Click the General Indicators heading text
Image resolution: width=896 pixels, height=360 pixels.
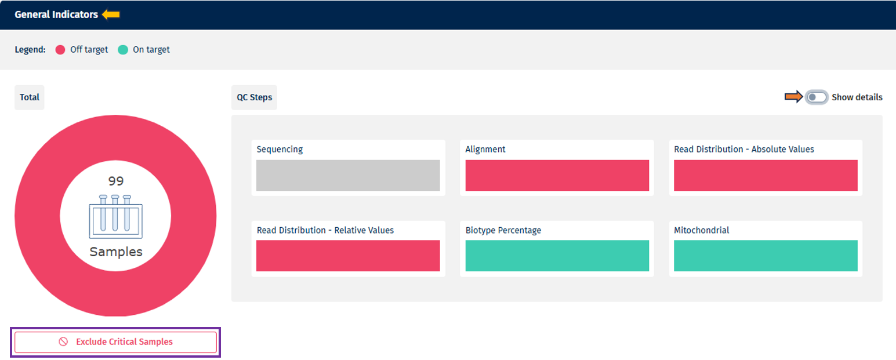[56, 14]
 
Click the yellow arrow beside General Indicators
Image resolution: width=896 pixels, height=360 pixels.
[111, 14]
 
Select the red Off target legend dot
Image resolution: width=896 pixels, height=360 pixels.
[60, 50]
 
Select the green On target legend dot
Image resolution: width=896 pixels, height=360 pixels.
[122, 50]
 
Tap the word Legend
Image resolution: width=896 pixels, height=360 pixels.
[30, 50]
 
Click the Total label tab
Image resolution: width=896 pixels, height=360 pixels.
[30, 97]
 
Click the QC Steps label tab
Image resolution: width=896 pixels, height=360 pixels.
[254, 97]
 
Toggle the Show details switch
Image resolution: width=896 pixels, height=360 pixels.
[817, 97]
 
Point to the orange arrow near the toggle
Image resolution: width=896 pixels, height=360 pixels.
[793, 97]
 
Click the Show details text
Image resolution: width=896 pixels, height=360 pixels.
[857, 97]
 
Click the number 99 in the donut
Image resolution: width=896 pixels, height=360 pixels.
[116, 181]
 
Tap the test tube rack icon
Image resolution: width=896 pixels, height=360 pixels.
[115, 216]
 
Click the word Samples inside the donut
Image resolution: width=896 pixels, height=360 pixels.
[116, 252]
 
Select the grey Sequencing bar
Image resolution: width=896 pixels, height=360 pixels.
[348, 175]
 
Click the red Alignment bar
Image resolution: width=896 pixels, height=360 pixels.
[557, 175]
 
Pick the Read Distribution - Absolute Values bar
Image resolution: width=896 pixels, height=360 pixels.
[766, 175]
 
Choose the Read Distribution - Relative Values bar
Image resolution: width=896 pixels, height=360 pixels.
[348, 256]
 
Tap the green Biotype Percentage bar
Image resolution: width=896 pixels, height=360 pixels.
[557, 256]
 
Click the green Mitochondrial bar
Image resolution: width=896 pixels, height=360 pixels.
[766, 256]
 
